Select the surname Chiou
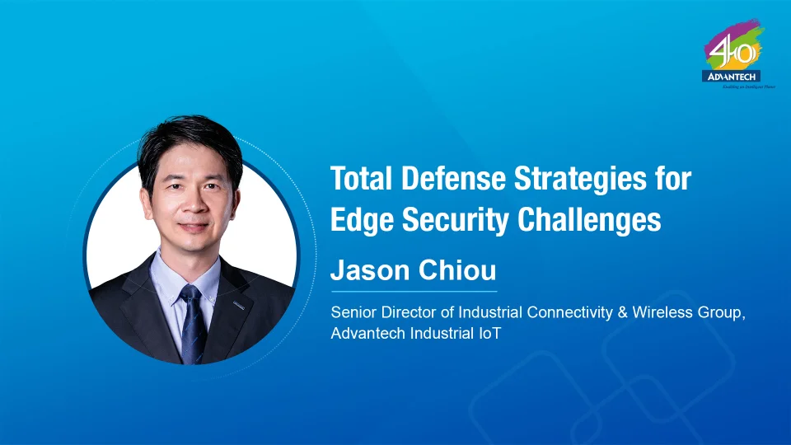[x=456, y=271]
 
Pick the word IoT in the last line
[x=491, y=334]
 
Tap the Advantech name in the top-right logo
[x=732, y=77]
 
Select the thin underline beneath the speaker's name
[x=414, y=291]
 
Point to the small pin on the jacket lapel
[x=237, y=306]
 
